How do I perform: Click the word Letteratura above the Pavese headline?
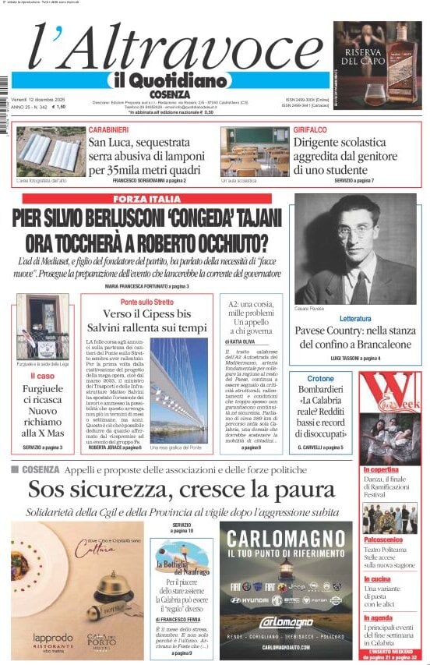point(355,319)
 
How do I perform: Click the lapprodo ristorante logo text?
point(43,638)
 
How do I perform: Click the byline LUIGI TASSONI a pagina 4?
point(355,358)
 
